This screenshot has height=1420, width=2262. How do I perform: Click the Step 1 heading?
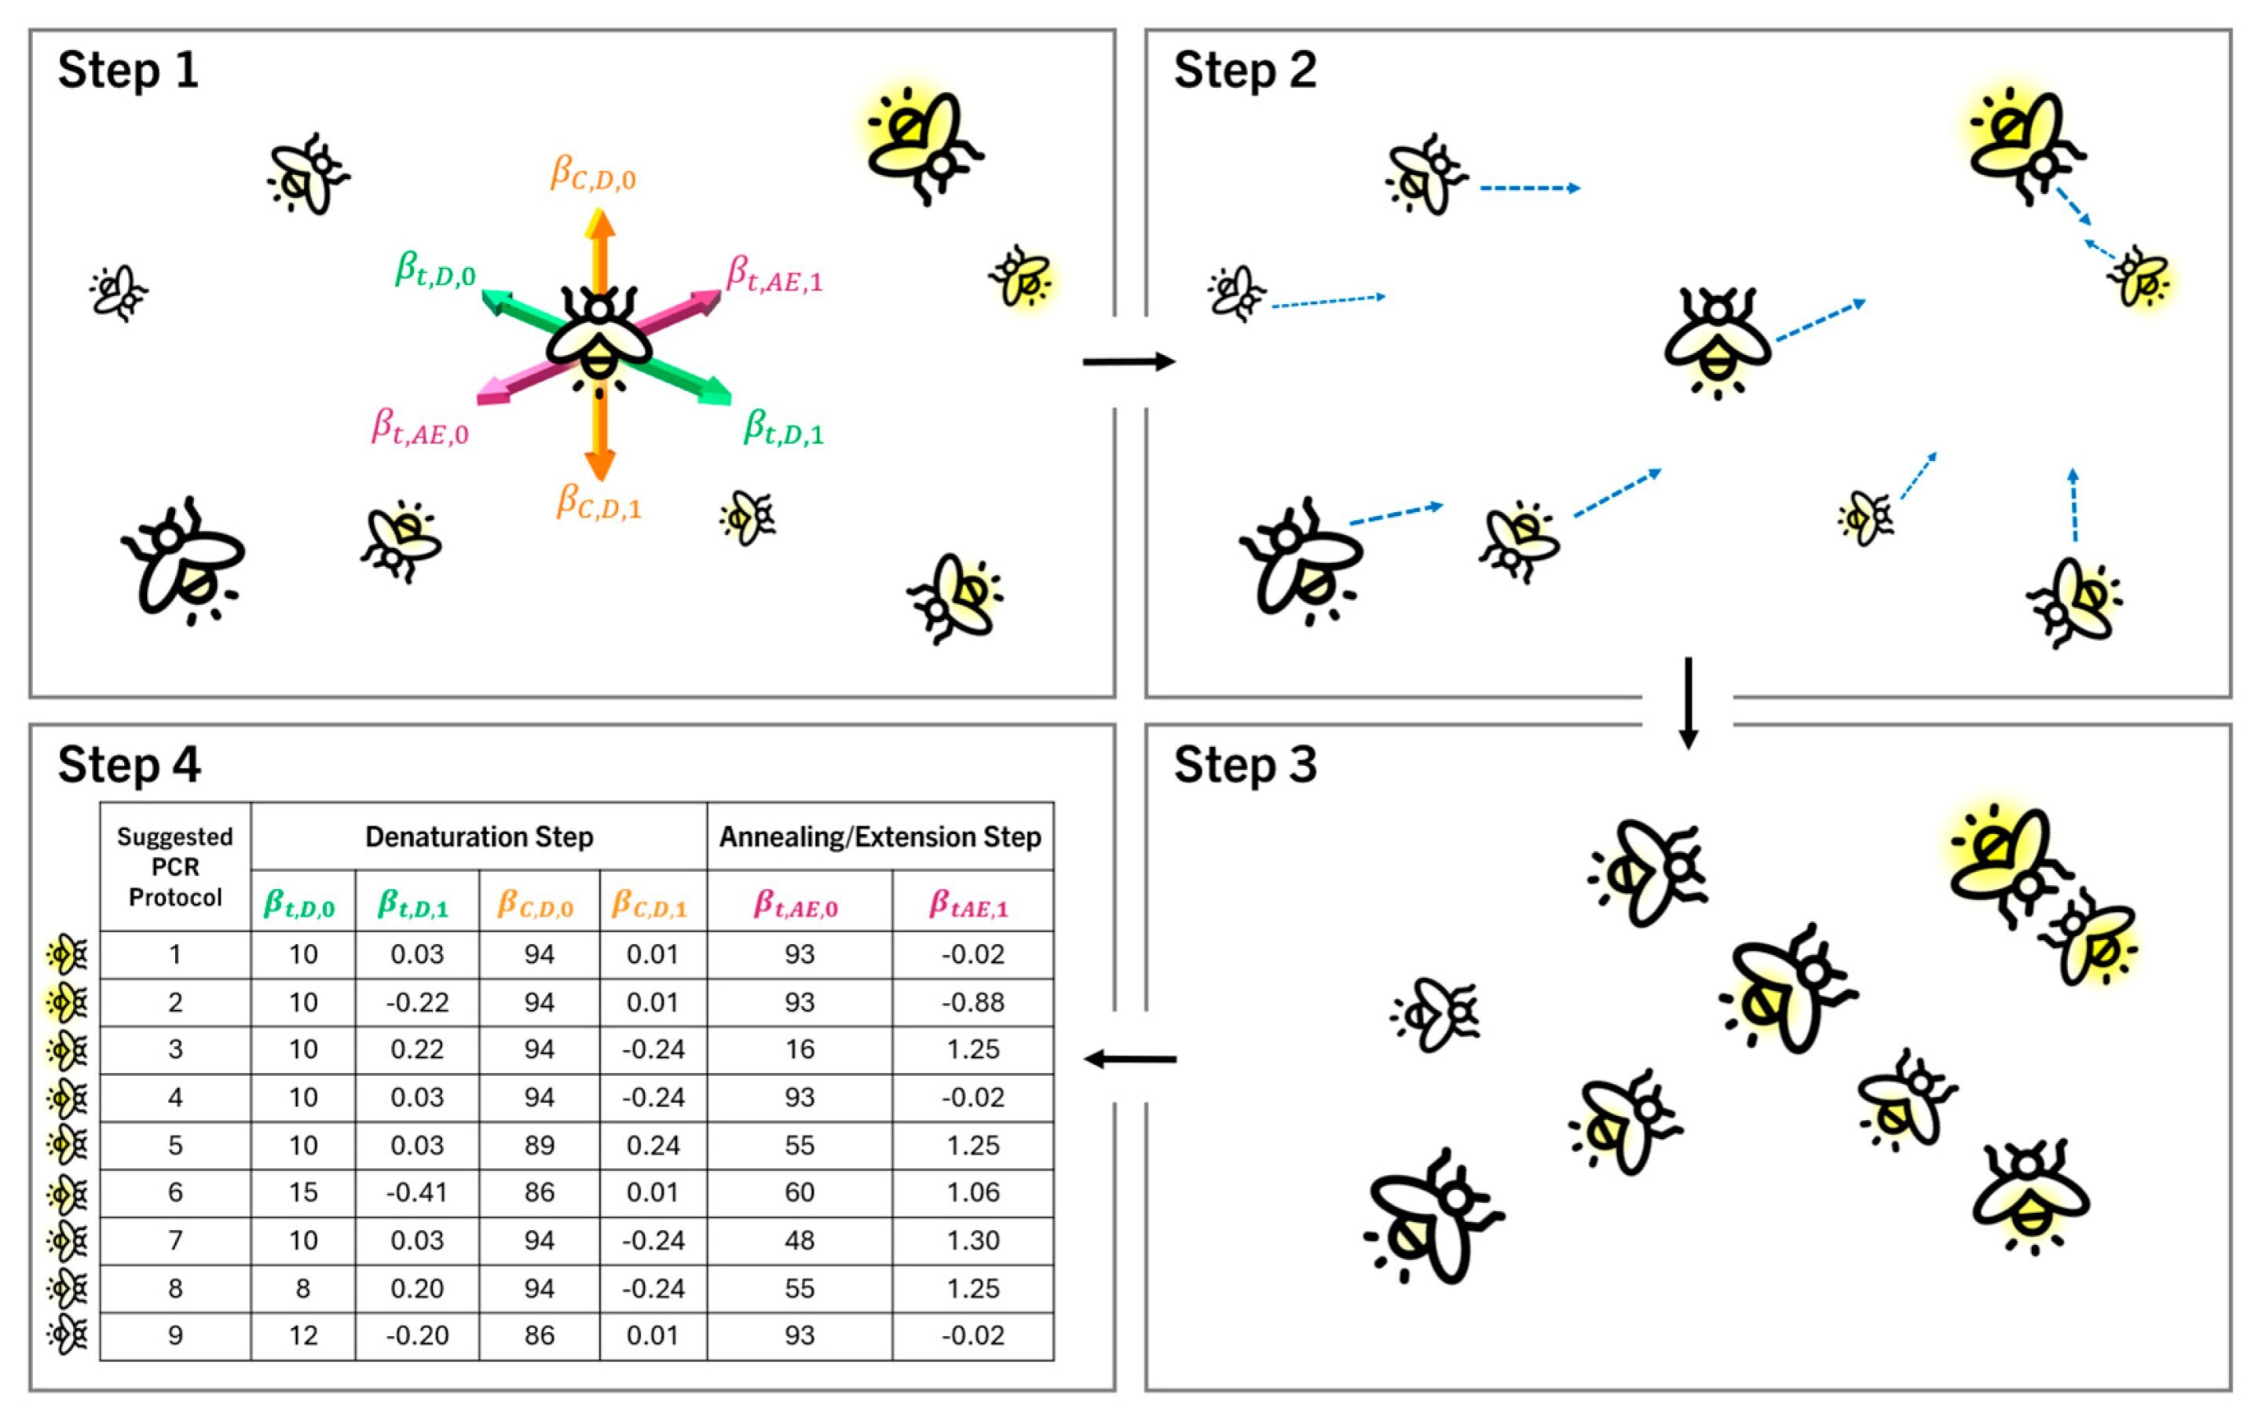pyautogui.click(x=128, y=71)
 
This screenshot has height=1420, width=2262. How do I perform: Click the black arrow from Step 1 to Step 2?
pyautogui.click(x=1128, y=361)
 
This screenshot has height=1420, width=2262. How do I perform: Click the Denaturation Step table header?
pyautogui.click(x=479, y=836)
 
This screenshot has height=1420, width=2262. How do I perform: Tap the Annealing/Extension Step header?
pyautogui.click(x=880, y=836)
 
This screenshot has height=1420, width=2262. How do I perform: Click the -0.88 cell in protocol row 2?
pyautogui.click(x=973, y=1002)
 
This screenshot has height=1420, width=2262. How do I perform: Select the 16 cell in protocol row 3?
pyautogui.click(x=799, y=1049)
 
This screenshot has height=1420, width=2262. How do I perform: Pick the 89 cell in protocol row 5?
pyautogui.click(x=539, y=1145)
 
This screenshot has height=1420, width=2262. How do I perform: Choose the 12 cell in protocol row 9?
pyautogui.click(x=302, y=1334)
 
